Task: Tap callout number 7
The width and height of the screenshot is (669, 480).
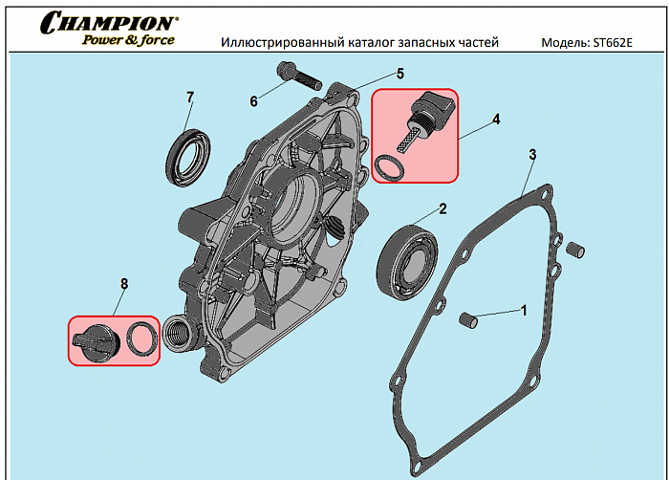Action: tap(190, 97)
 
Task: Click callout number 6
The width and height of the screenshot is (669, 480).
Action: tap(254, 101)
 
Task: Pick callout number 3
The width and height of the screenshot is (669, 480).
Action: tap(532, 154)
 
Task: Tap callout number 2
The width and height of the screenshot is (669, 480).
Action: tap(442, 207)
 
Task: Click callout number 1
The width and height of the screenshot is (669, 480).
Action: tap(523, 309)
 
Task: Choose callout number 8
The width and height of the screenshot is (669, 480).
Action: tap(123, 284)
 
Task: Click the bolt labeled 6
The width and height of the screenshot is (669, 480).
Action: tap(291, 73)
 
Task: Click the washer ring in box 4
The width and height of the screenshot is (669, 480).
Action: tap(387, 168)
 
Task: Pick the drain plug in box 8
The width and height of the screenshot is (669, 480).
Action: tap(94, 338)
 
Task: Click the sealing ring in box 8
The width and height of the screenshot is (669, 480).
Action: tap(142, 338)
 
